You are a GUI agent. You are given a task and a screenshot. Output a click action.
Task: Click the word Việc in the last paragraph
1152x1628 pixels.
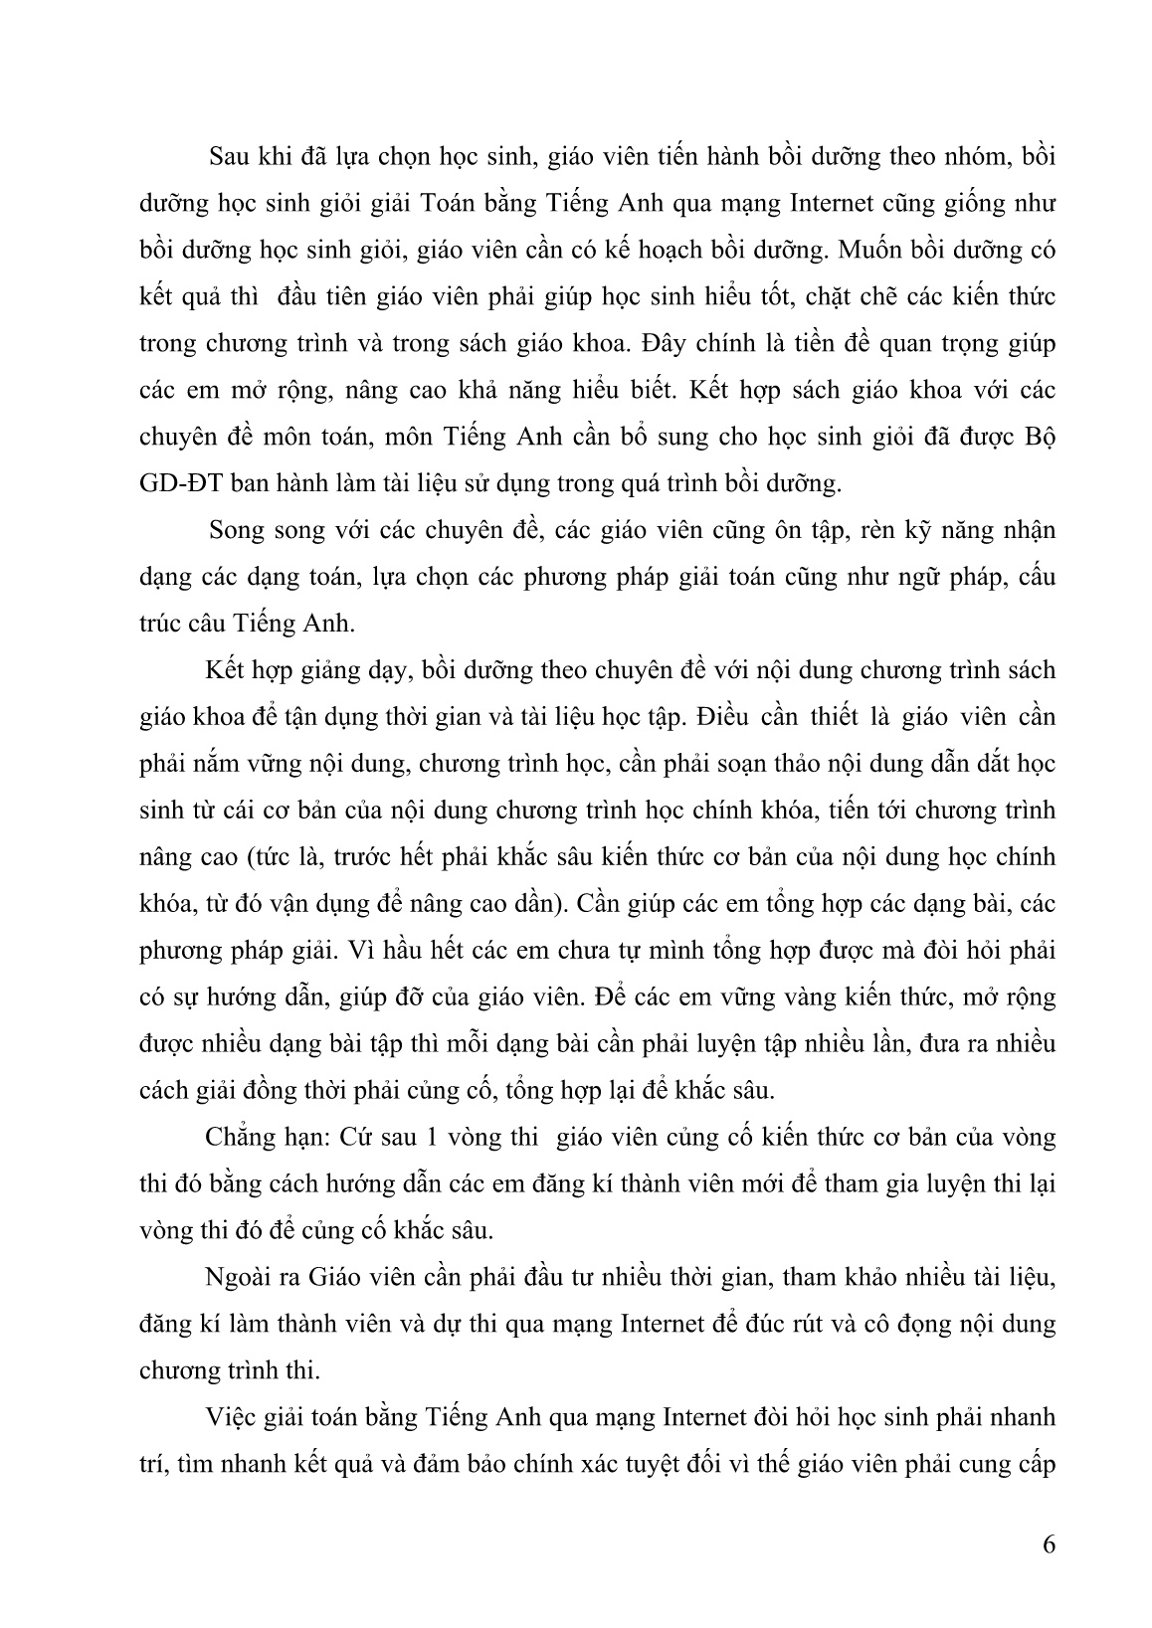232,1416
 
